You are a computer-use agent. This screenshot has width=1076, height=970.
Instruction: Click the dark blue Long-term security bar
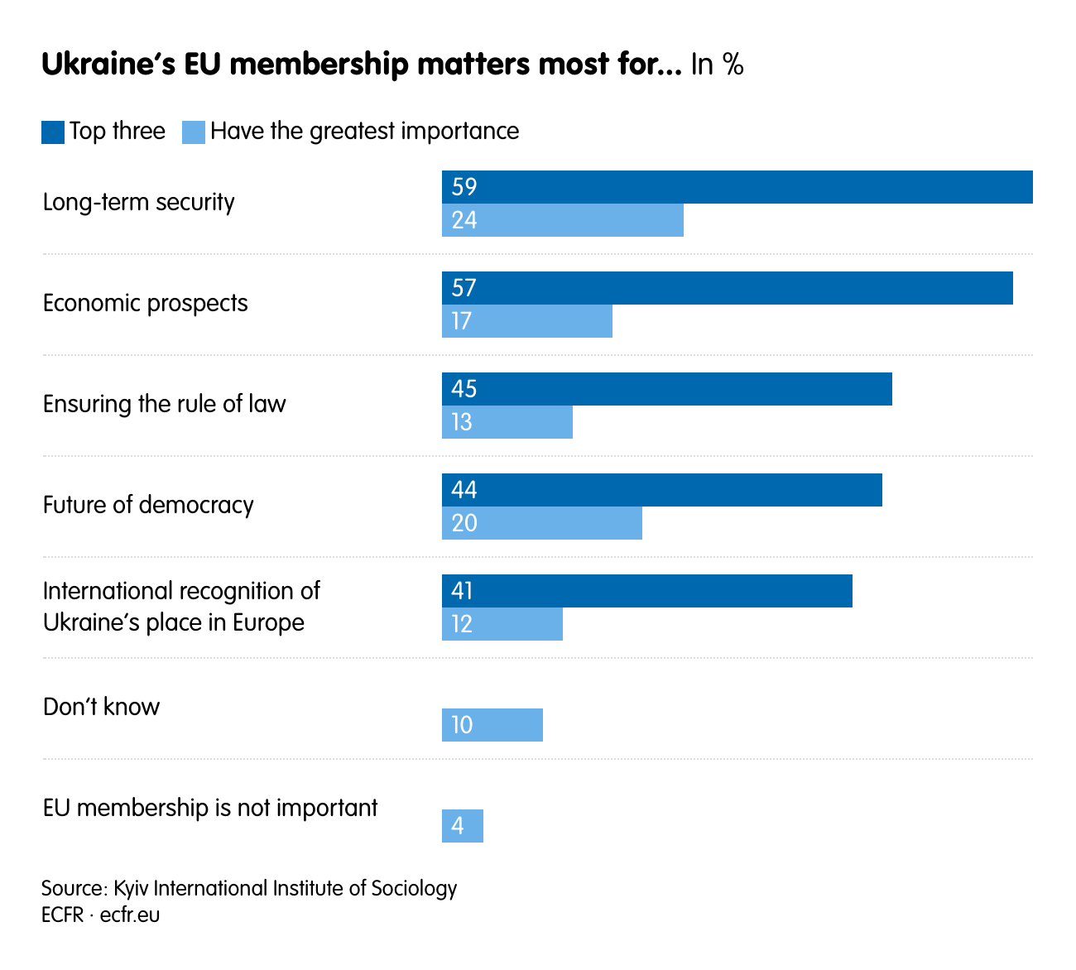pyautogui.click(x=737, y=187)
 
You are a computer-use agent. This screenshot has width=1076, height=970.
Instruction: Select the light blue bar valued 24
pyautogui.click(x=563, y=220)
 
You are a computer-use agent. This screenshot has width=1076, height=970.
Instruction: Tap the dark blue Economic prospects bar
pyautogui.click(x=727, y=288)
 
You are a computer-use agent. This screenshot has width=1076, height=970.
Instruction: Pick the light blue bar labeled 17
pyautogui.click(x=527, y=321)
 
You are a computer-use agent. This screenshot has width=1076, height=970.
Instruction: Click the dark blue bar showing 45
pyautogui.click(x=667, y=389)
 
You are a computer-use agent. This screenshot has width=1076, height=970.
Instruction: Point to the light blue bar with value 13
pyautogui.click(x=507, y=422)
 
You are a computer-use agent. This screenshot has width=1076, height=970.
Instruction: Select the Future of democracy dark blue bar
pyautogui.click(x=662, y=490)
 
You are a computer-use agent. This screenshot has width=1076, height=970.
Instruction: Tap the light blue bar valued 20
pyautogui.click(x=542, y=523)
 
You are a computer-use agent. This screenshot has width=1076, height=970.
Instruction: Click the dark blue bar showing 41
pyautogui.click(x=647, y=591)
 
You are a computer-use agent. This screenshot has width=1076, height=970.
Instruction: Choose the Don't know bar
pyautogui.click(x=492, y=725)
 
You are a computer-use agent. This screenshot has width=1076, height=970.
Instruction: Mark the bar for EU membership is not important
pyautogui.click(x=463, y=826)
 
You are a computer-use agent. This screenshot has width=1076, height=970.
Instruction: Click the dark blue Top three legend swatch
pyautogui.click(x=53, y=132)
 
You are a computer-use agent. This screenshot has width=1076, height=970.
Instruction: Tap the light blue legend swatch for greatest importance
pyautogui.click(x=194, y=132)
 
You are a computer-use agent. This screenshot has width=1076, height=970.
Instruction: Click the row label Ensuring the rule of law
pyautogui.click(x=164, y=404)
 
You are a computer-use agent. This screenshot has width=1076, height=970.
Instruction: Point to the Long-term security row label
pyautogui.click(x=138, y=202)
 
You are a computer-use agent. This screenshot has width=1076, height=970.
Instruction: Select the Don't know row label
pyautogui.click(x=101, y=707)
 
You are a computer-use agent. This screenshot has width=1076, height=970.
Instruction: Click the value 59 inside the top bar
pyautogui.click(x=464, y=187)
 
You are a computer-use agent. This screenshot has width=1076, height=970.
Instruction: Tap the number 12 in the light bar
pyautogui.click(x=462, y=624)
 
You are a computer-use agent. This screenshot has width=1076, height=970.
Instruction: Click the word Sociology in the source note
pyautogui.click(x=414, y=888)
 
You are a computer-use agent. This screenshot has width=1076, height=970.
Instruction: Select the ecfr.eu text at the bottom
pyautogui.click(x=130, y=915)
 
